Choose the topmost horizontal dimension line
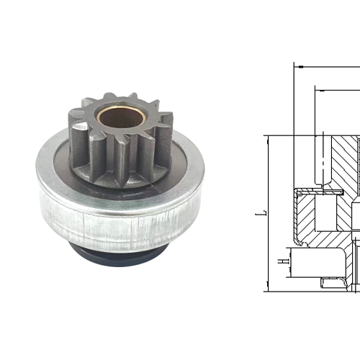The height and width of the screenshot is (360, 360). [x=328, y=66]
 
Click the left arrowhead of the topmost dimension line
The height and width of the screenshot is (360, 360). [x=297, y=66]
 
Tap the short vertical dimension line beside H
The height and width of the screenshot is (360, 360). [x=288, y=257]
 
